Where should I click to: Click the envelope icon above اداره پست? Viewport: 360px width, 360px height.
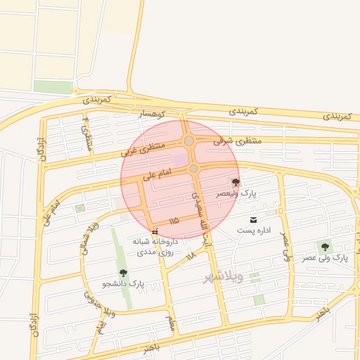tap(253, 220)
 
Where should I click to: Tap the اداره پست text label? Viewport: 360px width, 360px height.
tap(253, 231)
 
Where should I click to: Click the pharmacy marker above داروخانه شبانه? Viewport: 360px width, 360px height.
tap(155, 231)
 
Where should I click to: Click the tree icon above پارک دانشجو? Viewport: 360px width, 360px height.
tap(124, 273)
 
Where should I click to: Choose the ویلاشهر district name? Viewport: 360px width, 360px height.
tap(224, 276)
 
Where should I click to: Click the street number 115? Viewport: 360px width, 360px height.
tap(174, 221)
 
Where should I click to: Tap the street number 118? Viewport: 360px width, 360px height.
tap(191, 257)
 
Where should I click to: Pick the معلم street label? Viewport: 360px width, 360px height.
tap(169, 323)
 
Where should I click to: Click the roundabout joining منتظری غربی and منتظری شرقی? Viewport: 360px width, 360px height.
tap(189, 141)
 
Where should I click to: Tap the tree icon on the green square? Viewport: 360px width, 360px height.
tap(324, 247)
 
